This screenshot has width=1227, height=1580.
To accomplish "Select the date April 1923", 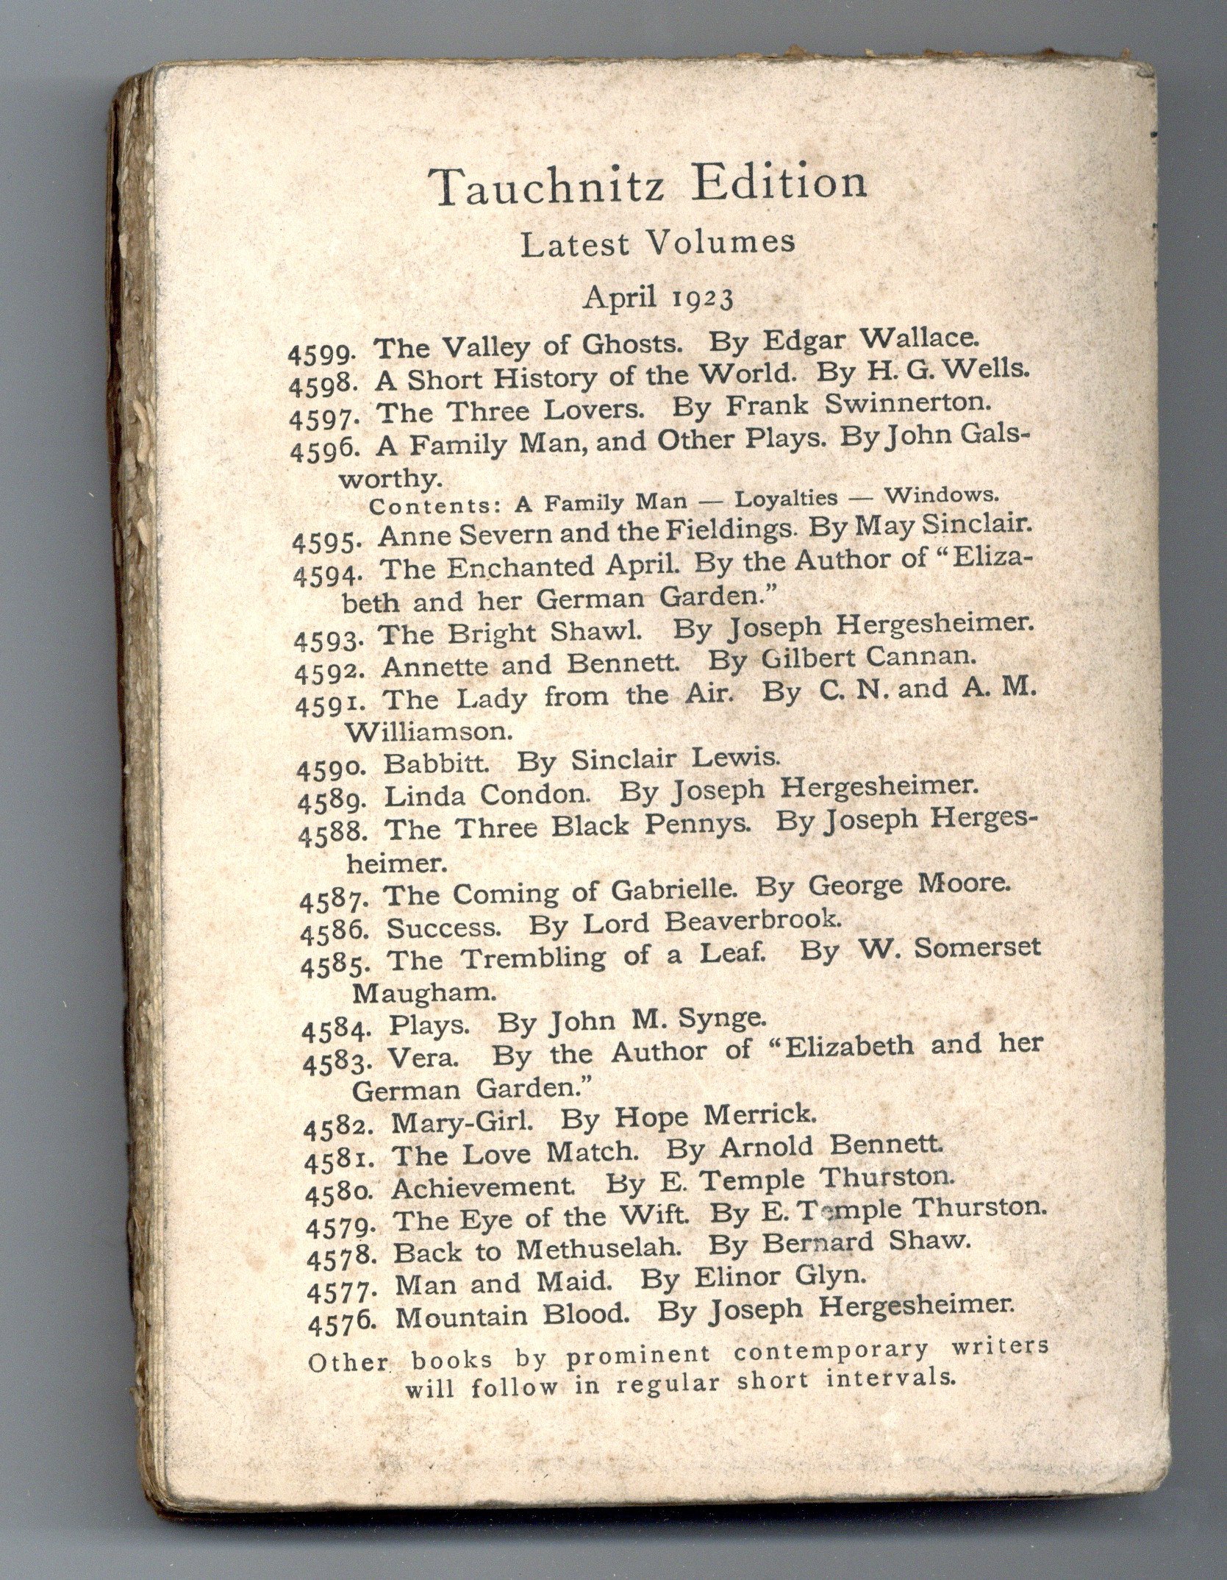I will [x=659, y=298].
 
